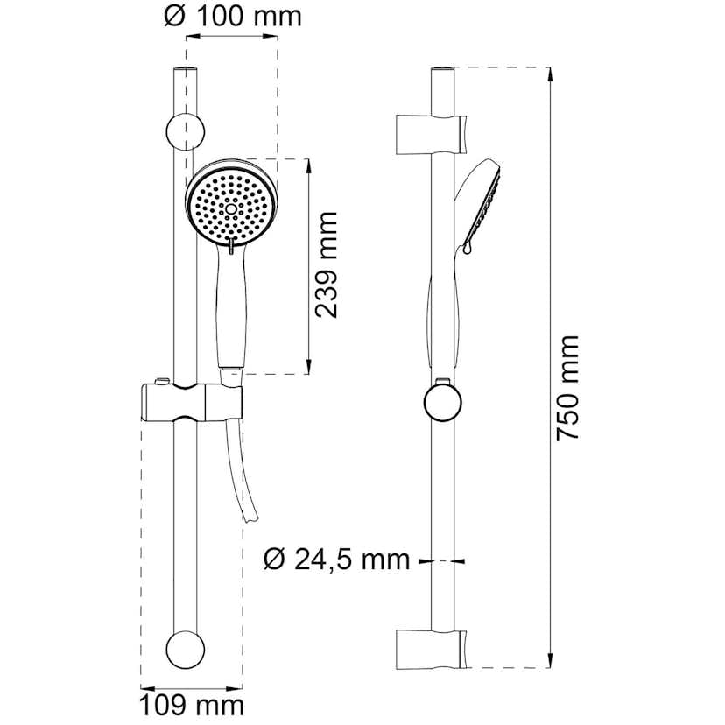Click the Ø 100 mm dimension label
232,16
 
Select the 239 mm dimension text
327,264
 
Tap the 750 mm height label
569,387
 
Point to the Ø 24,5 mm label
337,559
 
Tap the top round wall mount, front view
186,131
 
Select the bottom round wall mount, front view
186,650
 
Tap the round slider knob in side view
444,403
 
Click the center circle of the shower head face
231,208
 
